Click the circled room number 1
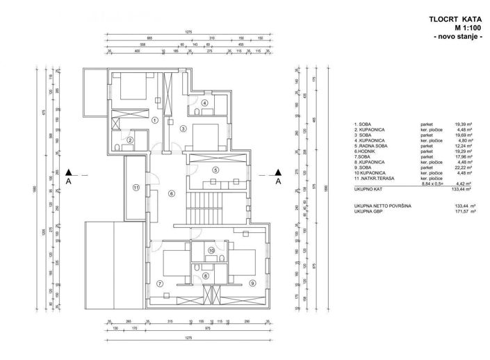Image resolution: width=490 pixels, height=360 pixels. point(154,119)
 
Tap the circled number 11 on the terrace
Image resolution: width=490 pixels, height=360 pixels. point(136,187)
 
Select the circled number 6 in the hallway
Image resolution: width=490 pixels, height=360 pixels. point(171,194)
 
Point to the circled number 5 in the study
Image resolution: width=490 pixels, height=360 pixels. point(215,170)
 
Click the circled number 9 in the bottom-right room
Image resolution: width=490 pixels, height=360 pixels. point(252,282)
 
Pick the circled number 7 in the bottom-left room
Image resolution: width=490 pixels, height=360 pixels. point(159,283)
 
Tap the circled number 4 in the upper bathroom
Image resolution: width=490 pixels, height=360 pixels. point(204,103)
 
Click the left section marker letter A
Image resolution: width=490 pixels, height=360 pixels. point(68,183)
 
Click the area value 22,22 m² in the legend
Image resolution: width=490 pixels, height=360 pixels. point(461,167)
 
